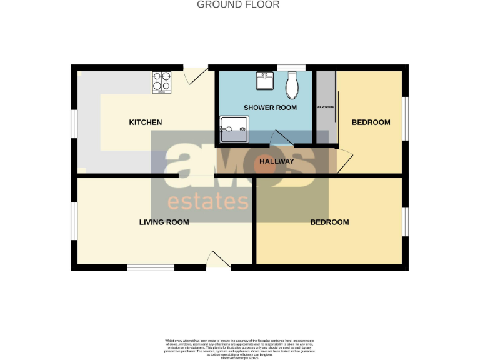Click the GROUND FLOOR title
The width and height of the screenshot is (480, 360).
(238, 4)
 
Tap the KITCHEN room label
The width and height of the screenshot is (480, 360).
(145, 122)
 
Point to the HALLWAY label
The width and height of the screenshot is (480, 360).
(277, 161)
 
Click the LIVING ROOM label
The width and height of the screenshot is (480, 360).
(164, 222)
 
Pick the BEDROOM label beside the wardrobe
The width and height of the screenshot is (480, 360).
(371, 122)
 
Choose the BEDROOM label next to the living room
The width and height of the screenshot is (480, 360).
(329, 222)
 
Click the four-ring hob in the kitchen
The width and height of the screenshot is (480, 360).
(161, 82)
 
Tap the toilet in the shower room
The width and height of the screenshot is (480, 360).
(292, 86)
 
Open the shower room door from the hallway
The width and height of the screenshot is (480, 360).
(282, 139)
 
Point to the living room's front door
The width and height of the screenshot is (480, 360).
(218, 261)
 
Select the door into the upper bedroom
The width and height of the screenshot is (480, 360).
(344, 161)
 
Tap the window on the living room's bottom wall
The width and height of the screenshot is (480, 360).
(151, 267)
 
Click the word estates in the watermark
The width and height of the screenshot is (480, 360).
(207, 202)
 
